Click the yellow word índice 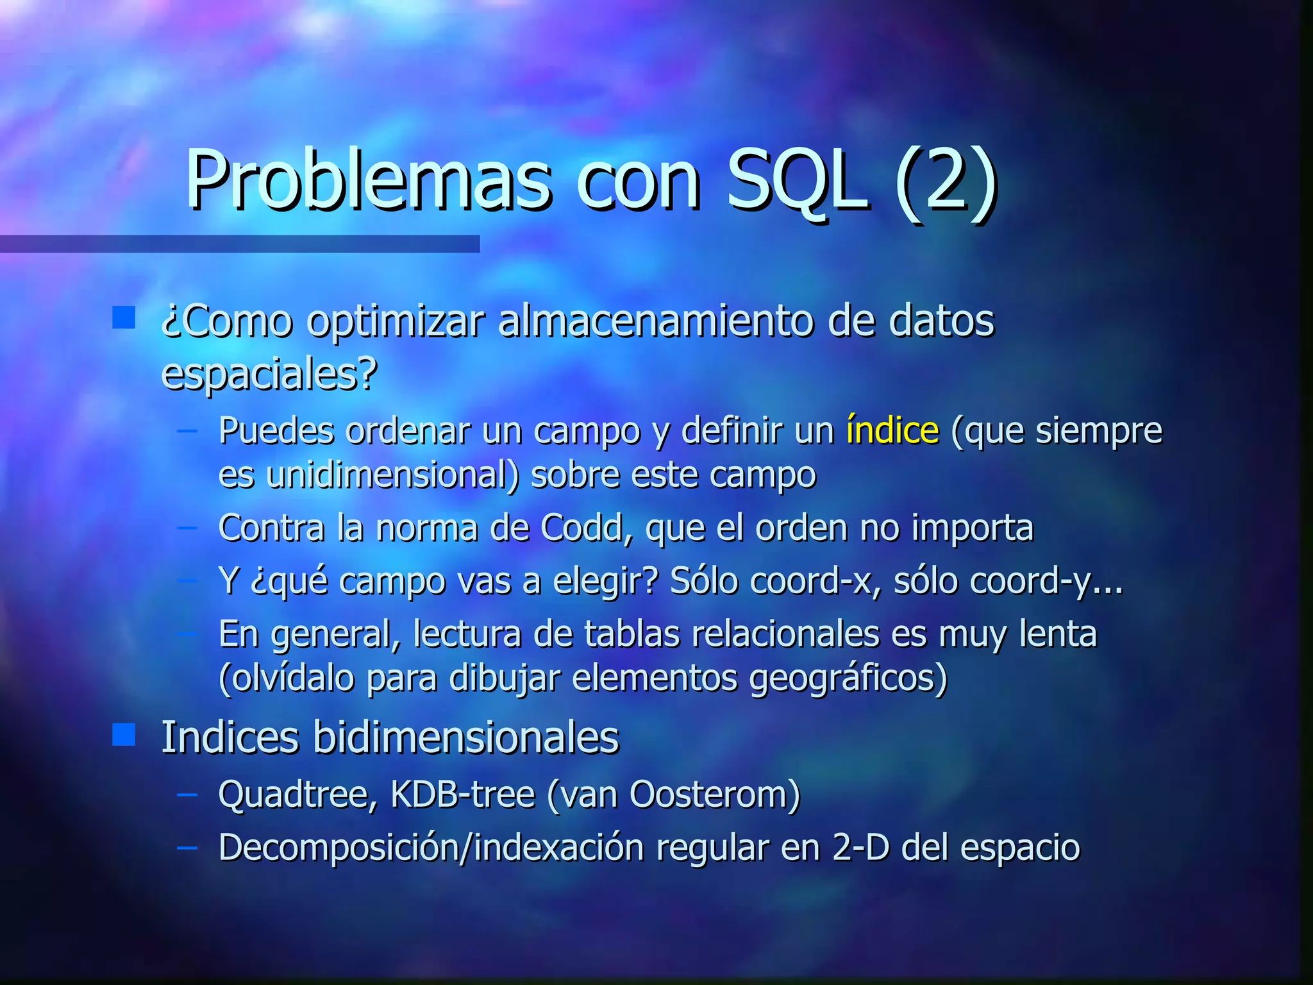coord(892,430)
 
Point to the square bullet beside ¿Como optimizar coord(123,317)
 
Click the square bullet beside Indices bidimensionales coord(123,735)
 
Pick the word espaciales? coord(269,374)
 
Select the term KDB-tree coord(462,795)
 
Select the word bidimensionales coord(466,737)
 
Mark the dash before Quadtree coord(187,795)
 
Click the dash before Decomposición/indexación coord(187,847)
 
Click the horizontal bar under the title coord(240,244)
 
